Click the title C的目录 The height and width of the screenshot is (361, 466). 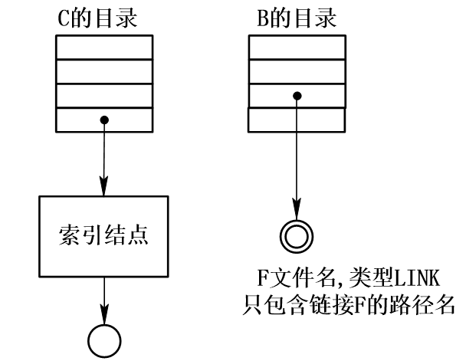104,17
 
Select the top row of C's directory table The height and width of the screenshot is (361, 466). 104,47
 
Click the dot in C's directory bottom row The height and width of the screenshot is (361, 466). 104,120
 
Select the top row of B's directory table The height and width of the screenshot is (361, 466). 296,47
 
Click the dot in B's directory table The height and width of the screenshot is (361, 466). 296,96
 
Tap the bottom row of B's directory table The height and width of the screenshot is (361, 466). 296,120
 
